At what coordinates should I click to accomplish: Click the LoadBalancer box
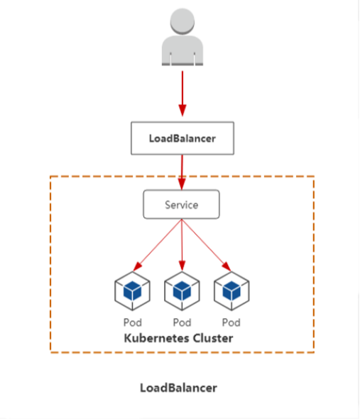pyautogui.click(x=182, y=138)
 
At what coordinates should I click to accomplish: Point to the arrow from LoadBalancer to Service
pyautogui.click(x=182, y=170)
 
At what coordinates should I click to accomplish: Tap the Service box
pyautogui.click(x=182, y=205)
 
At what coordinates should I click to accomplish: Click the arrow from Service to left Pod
pyautogui.click(x=158, y=244)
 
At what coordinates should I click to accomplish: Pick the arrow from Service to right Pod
pyautogui.click(x=205, y=244)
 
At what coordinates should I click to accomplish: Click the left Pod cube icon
pyautogui.click(x=132, y=290)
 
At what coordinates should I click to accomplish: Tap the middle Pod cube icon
pyautogui.click(x=182, y=290)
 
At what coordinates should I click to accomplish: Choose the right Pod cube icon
pyautogui.click(x=231, y=290)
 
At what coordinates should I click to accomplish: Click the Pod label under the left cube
pyautogui.click(x=132, y=322)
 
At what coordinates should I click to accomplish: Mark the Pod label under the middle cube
pyautogui.click(x=182, y=322)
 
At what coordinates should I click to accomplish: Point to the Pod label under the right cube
pyautogui.click(x=231, y=322)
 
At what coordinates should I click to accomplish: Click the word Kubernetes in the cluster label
pyautogui.click(x=156, y=338)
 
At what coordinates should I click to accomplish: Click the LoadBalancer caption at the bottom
pyautogui.click(x=178, y=388)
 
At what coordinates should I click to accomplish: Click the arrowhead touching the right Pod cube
pyautogui.click(x=227, y=268)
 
